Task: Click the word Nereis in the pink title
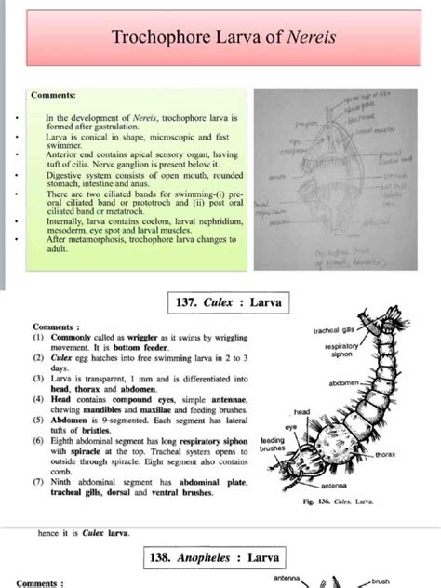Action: click(x=309, y=38)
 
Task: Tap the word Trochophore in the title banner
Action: click(x=159, y=38)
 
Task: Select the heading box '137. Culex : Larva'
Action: click(x=228, y=302)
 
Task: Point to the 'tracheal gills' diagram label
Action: click(x=334, y=330)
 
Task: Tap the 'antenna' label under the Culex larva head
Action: click(x=334, y=486)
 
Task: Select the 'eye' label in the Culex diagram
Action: click(x=291, y=426)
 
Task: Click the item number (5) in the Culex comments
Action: click(x=40, y=418)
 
